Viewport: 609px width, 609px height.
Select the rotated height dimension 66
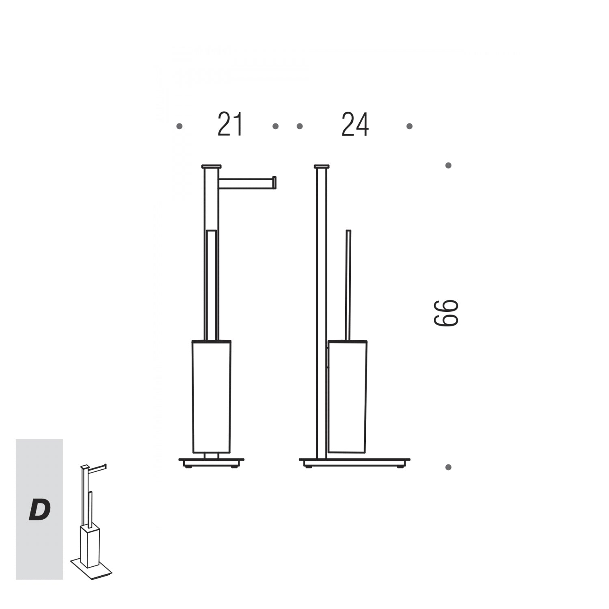point(446,313)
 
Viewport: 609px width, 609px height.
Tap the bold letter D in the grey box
point(39,510)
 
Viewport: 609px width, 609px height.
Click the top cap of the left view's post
point(212,166)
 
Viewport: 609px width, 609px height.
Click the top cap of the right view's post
point(322,166)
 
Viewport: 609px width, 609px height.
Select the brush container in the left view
point(212,396)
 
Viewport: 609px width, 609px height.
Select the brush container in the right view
point(348,396)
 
